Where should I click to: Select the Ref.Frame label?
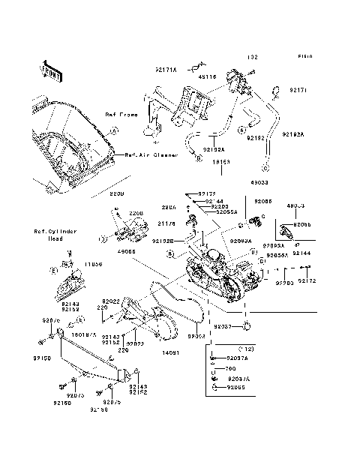pos(120,115)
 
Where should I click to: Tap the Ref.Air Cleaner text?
pos(156,155)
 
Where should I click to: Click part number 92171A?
pos(166,70)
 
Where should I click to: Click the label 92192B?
pos(162,241)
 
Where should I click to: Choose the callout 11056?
pos(92,265)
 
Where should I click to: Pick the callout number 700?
pos(231,370)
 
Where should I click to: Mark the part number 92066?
pos(263,202)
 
